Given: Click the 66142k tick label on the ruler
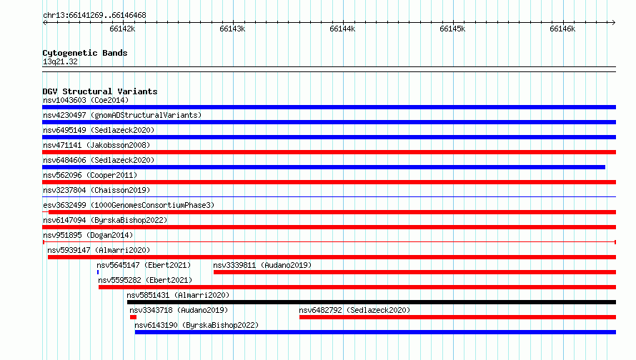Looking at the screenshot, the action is [122, 29].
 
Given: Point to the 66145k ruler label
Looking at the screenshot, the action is [452, 29].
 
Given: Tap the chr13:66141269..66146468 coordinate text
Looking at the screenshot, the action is [94, 16].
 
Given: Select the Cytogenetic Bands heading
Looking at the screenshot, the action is [85, 53].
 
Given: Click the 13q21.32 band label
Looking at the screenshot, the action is [60, 61].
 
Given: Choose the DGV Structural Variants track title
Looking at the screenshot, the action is [100, 91].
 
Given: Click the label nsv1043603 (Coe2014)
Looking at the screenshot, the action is [86, 100].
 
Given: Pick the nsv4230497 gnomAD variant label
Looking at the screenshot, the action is [122, 115].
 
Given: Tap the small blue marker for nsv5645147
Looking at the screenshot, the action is [98, 272].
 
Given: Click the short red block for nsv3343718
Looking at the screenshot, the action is [133, 317].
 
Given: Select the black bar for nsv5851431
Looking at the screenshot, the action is [372, 302].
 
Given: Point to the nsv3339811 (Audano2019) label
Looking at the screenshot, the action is [262, 265].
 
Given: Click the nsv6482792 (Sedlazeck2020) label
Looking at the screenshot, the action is [354, 310].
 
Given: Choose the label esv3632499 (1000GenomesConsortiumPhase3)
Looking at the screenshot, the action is [129, 205].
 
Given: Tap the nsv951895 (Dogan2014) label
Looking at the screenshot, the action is [88, 235].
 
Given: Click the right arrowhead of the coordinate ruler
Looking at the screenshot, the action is [614, 22].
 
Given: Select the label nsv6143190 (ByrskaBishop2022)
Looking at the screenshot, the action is [197, 325].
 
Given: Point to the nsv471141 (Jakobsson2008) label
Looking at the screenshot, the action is [96, 145].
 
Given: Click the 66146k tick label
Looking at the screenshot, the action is [562, 29].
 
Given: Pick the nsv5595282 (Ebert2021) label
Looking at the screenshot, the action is [145, 280].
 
